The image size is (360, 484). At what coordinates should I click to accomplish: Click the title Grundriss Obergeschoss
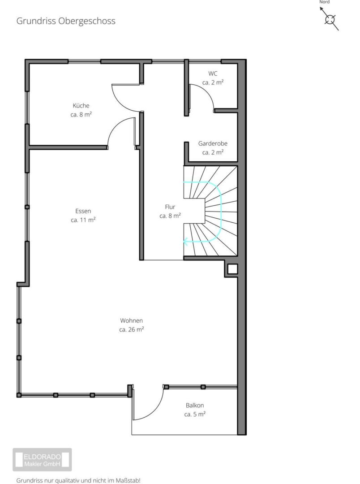pos(66,21)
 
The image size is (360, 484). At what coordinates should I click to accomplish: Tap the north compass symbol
pos(330,19)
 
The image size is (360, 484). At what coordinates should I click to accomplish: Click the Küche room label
pos(81,106)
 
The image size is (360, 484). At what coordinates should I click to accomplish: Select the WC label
pos(213,73)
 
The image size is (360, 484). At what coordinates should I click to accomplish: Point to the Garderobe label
pos(213,143)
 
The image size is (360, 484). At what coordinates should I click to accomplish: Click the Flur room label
pos(170,207)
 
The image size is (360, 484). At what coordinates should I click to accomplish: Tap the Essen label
pos(83,211)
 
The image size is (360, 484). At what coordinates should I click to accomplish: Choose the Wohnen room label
pos(131,321)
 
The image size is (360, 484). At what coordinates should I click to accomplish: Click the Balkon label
pos(195,405)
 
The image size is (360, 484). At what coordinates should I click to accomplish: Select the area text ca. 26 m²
pos(131,330)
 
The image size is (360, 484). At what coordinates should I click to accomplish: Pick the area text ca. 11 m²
pos(83,220)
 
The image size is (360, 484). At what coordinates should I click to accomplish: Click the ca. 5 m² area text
pos(195,414)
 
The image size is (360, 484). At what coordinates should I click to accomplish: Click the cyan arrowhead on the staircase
pos(186,242)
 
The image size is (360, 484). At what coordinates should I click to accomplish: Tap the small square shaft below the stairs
pos(232,269)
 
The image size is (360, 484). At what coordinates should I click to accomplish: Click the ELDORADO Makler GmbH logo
pos(42,460)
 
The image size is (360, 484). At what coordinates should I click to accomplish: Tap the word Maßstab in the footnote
pos(127,480)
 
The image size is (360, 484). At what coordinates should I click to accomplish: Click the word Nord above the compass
pos(324,2)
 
